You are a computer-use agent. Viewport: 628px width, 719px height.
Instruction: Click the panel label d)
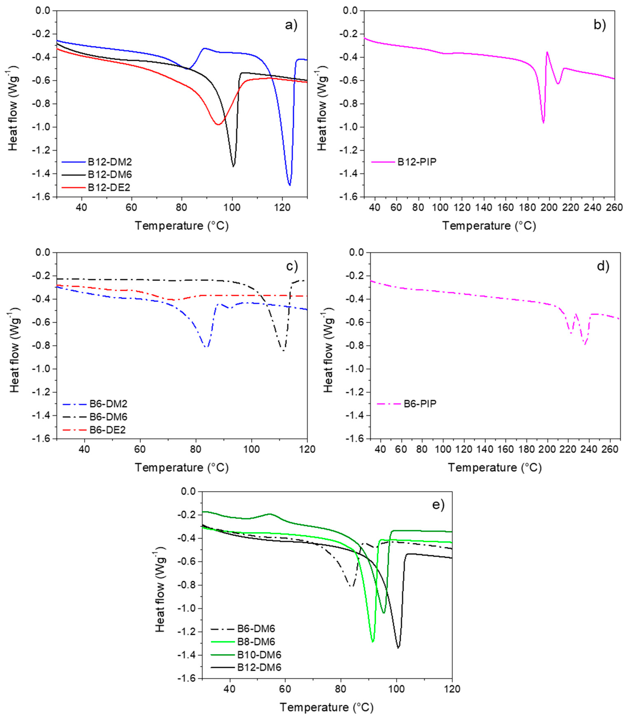pos(603,267)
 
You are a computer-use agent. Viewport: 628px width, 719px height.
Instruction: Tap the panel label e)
pos(438,505)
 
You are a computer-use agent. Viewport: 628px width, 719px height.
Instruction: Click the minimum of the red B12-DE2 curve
pos(218,124)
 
